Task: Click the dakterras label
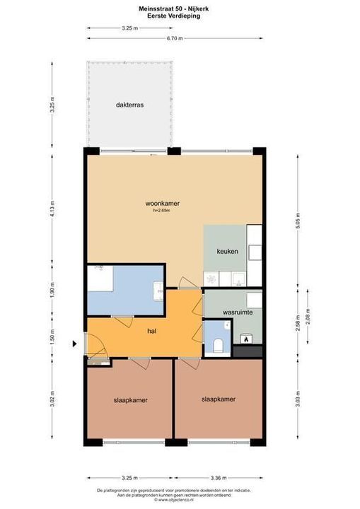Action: click(130, 105)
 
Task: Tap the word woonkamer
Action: click(163, 204)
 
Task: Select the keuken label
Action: click(227, 251)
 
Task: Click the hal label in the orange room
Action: click(151, 330)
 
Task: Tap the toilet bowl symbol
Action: click(219, 346)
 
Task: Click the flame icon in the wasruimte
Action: click(246, 340)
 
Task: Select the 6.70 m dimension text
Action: click(175, 39)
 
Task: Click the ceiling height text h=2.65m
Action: click(162, 211)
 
